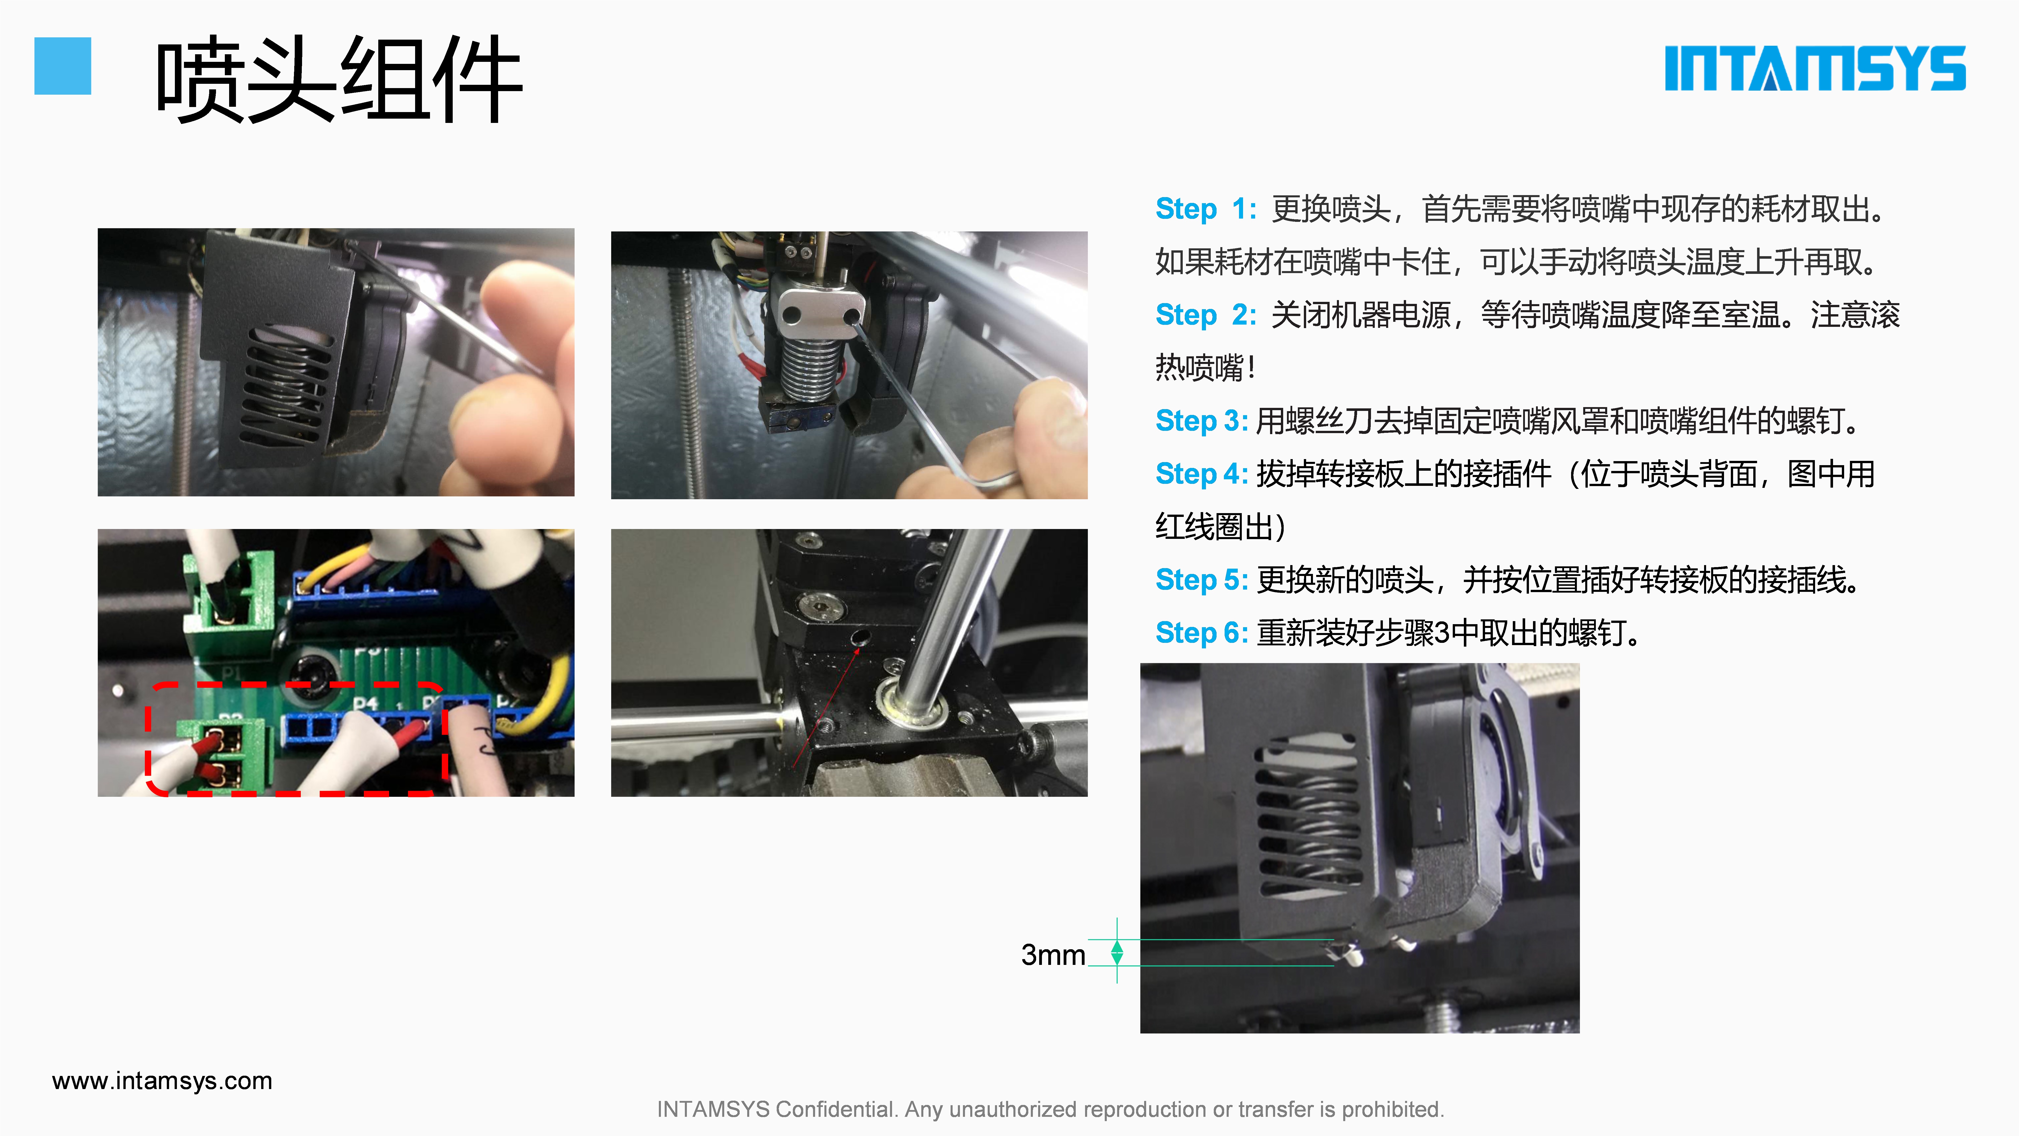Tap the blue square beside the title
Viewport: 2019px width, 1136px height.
point(63,66)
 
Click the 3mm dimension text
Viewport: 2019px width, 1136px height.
point(1053,955)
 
